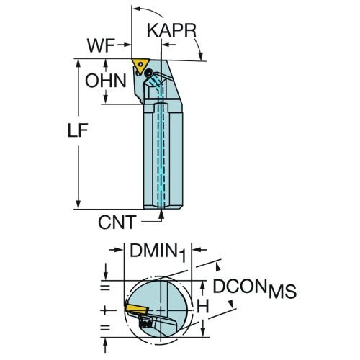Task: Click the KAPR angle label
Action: point(171,30)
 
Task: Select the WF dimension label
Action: point(101,45)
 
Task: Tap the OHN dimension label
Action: point(106,81)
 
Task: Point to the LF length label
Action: point(78,130)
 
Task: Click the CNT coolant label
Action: point(117,222)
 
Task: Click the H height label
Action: point(203,306)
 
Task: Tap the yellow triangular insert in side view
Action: point(140,65)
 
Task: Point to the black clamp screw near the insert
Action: point(149,72)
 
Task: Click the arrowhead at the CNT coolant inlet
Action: point(161,214)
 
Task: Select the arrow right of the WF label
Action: point(124,45)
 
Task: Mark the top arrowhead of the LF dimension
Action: point(78,63)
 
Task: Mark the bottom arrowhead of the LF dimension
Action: point(78,204)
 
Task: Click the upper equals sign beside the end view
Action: point(105,287)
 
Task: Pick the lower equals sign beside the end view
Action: point(105,328)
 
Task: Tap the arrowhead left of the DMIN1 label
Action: point(119,250)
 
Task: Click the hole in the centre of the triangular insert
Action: point(140,64)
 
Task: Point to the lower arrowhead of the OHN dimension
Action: point(105,99)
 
